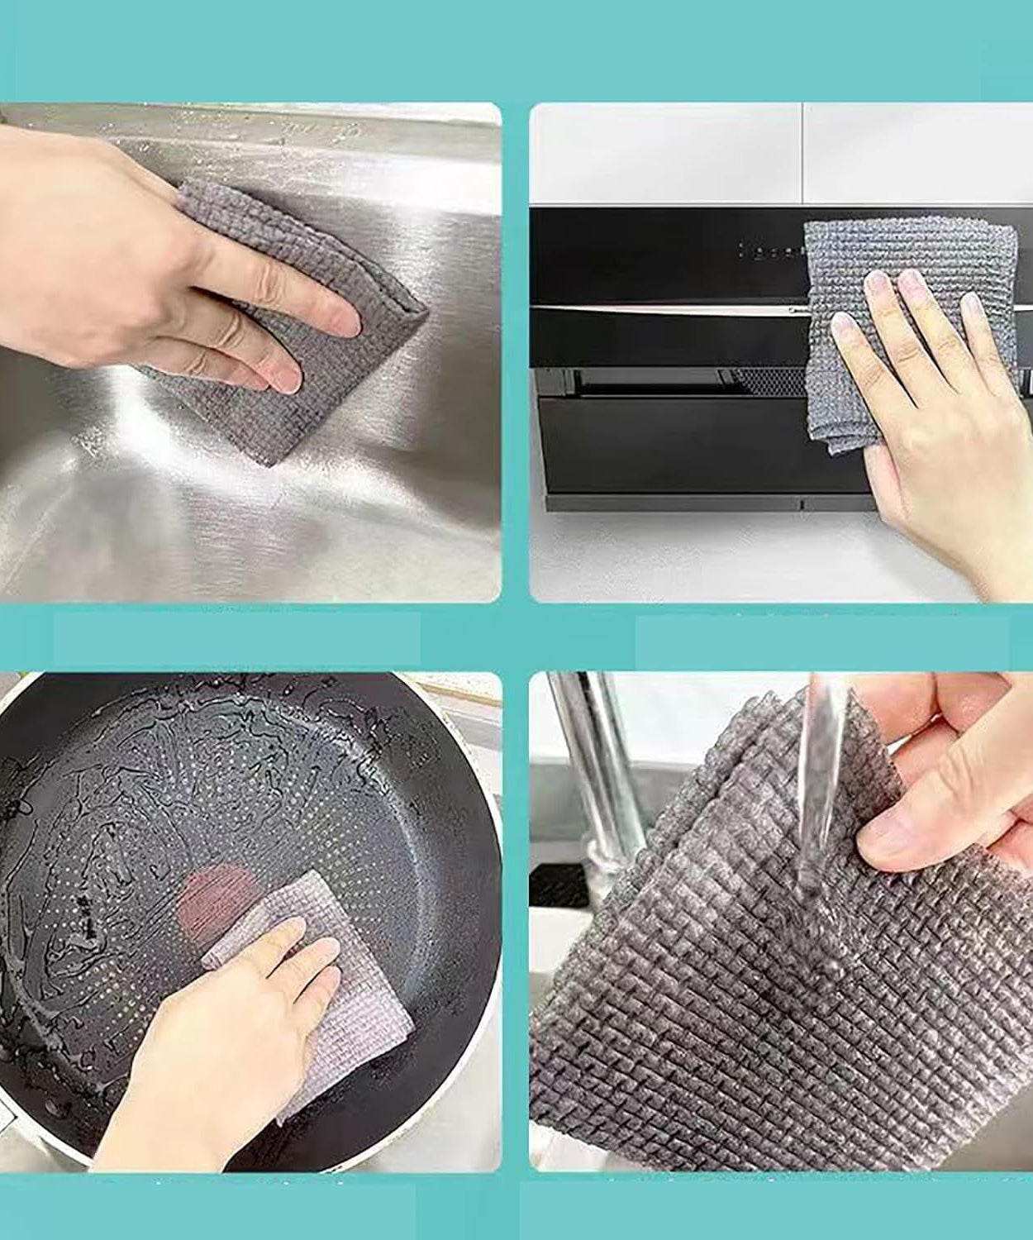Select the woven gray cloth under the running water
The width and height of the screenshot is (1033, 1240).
point(727,992)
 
